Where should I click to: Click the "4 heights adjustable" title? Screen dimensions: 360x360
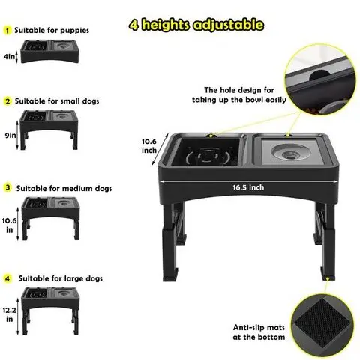click(x=196, y=25)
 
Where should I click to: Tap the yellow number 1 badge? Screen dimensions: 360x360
click(x=7, y=31)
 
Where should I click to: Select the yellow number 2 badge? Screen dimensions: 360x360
click(x=7, y=101)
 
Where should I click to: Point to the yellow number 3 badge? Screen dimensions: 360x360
click(x=7, y=187)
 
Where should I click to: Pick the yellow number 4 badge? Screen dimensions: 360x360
click(x=7, y=278)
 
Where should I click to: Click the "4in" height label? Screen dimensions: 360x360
click(x=10, y=57)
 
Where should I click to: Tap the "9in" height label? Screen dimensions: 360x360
click(x=10, y=136)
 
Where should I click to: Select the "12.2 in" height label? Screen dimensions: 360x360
click(x=10, y=314)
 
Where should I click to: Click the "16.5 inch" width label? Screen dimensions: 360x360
click(x=248, y=187)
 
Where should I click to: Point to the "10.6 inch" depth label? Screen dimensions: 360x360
click(x=149, y=146)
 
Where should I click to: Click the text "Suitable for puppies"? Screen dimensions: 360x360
click(x=52, y=31)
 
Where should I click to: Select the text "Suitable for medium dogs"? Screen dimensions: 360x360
click(x=64, y=188)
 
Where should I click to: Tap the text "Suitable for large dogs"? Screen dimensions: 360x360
click(x=61, y=278)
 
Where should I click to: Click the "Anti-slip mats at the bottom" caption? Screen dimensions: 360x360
click(x=259, y=332)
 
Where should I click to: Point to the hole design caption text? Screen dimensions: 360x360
click(x=239, y=94)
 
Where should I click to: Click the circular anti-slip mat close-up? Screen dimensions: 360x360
click(x=322, y=325)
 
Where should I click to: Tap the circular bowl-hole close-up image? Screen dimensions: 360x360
click(x=320, y=79)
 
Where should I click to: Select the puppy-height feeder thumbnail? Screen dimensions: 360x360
click(x=49, y=52)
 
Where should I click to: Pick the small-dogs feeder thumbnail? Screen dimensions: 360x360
click(x=49, y=130)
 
